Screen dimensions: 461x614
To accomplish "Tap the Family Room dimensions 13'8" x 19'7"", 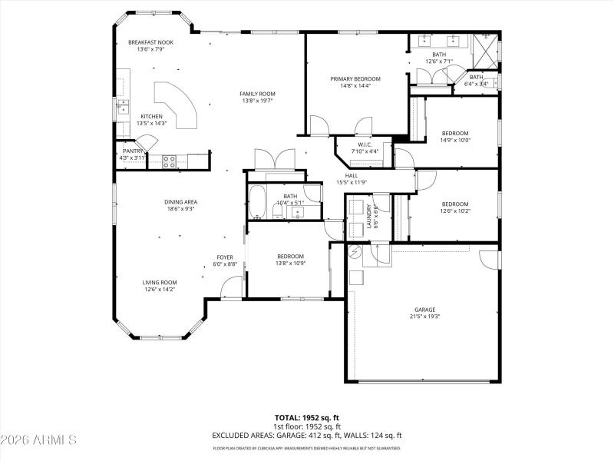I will pos(258,101).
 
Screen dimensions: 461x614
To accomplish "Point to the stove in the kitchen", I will pos(170,161).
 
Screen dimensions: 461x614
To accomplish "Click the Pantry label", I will pos(134,151).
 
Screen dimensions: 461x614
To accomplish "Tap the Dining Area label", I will pos(180,201).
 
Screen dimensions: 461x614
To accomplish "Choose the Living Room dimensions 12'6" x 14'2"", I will pos(159,290).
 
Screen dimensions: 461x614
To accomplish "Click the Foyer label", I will pos(225,257).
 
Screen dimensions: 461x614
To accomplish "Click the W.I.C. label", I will pos(365,144).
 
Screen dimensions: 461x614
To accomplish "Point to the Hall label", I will pos(352,175).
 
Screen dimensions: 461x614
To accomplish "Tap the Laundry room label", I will pos(369,216).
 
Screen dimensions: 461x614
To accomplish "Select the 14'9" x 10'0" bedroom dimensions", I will pos(454,140).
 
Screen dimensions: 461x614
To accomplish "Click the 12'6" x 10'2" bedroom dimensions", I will pos(454,211).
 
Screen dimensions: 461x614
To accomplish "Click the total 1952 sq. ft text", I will pos(306,417).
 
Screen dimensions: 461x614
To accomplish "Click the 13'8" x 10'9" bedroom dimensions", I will pos(290,264).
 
